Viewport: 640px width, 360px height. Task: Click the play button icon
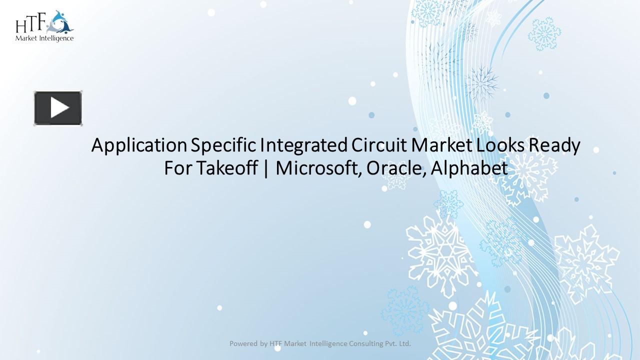(58, 108)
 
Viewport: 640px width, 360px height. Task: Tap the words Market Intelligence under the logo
(44, 38)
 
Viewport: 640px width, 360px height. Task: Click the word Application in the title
(138, 146)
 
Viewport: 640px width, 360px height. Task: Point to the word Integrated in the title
(303, 146)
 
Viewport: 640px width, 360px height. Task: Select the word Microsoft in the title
(318, 168)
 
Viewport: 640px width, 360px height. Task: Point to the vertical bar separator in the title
(265, 169)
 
